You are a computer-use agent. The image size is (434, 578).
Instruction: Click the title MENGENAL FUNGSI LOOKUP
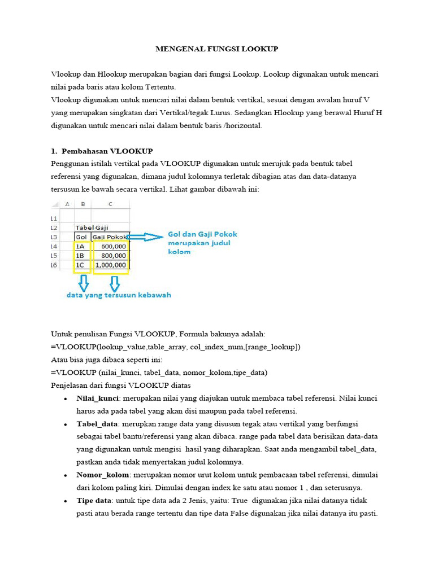[217, 49]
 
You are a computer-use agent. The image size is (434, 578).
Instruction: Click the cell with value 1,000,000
[111, 265]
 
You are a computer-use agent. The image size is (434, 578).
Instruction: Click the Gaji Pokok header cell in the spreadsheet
[110, 237]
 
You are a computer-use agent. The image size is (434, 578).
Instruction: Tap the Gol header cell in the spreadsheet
[81, 237]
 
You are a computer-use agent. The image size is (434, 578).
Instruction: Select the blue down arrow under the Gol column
[83, 282]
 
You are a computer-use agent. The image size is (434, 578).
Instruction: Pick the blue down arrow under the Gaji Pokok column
[114, 282]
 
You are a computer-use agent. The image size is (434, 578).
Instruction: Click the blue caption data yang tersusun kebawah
[119, 295]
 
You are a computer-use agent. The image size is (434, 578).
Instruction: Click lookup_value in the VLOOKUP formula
[116, 347]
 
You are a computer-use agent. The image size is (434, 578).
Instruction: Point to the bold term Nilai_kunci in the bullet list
[97, 398]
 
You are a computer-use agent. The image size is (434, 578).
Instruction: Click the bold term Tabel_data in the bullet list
[97, 423]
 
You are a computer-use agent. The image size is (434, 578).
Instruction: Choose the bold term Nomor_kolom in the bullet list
[102, 475]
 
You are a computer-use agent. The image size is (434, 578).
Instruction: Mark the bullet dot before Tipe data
[67, 501]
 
